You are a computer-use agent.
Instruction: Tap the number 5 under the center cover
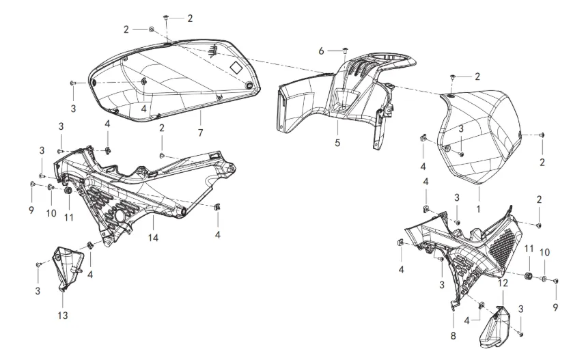337,143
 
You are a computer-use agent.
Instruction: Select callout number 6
321,51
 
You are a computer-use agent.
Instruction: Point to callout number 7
200,131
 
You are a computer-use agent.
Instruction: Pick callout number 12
503,282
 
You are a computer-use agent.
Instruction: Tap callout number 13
63,316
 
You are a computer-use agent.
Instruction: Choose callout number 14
152,238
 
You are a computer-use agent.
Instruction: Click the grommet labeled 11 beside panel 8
528,276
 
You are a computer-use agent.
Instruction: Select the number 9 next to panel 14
31,210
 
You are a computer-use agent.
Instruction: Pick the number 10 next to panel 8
544,253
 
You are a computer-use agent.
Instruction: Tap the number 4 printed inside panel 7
144,108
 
